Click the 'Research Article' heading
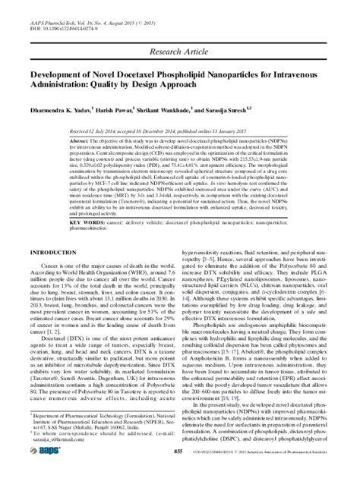tap(179, 52)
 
